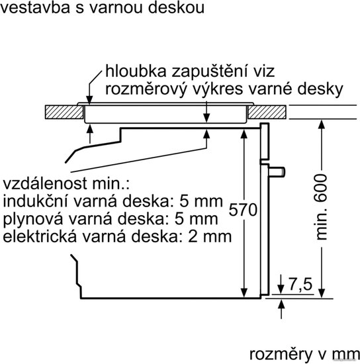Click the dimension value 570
pyautogui.click(x=243, y=210)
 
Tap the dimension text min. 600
pyautogui.click(x=321, y=207)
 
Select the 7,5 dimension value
pyautogui.click(x=300, y=284)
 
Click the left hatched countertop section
pyautogui.click(x=64, y=112)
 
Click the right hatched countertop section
pyautogui.click(x=267, y=112)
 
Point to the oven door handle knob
pyautogui.click(x=277, y=172)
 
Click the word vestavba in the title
pyautogui.click(x=36, y=7)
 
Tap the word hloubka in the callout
pyautogui.click(x=136, y=71)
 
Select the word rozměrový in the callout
pyautogui.click(x=146, y=89)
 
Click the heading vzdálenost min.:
pyautogui.click(x=66, y=183)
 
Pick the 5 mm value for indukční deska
pyautogui.click(x=201, y=201)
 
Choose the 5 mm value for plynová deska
pyautogui.click(x=197, y=219)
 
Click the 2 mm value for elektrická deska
pyautogui.click(x=210, y=236)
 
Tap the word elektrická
pyautogui.click(x=40, y=236)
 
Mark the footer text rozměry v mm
pyautogui.click(x=304, y=355)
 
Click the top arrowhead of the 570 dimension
pyautogui.click(x=244, y=134)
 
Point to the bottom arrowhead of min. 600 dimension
pyautogui.click(x=321, y=293)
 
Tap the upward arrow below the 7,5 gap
pyautogui.click(x=281, y=309)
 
